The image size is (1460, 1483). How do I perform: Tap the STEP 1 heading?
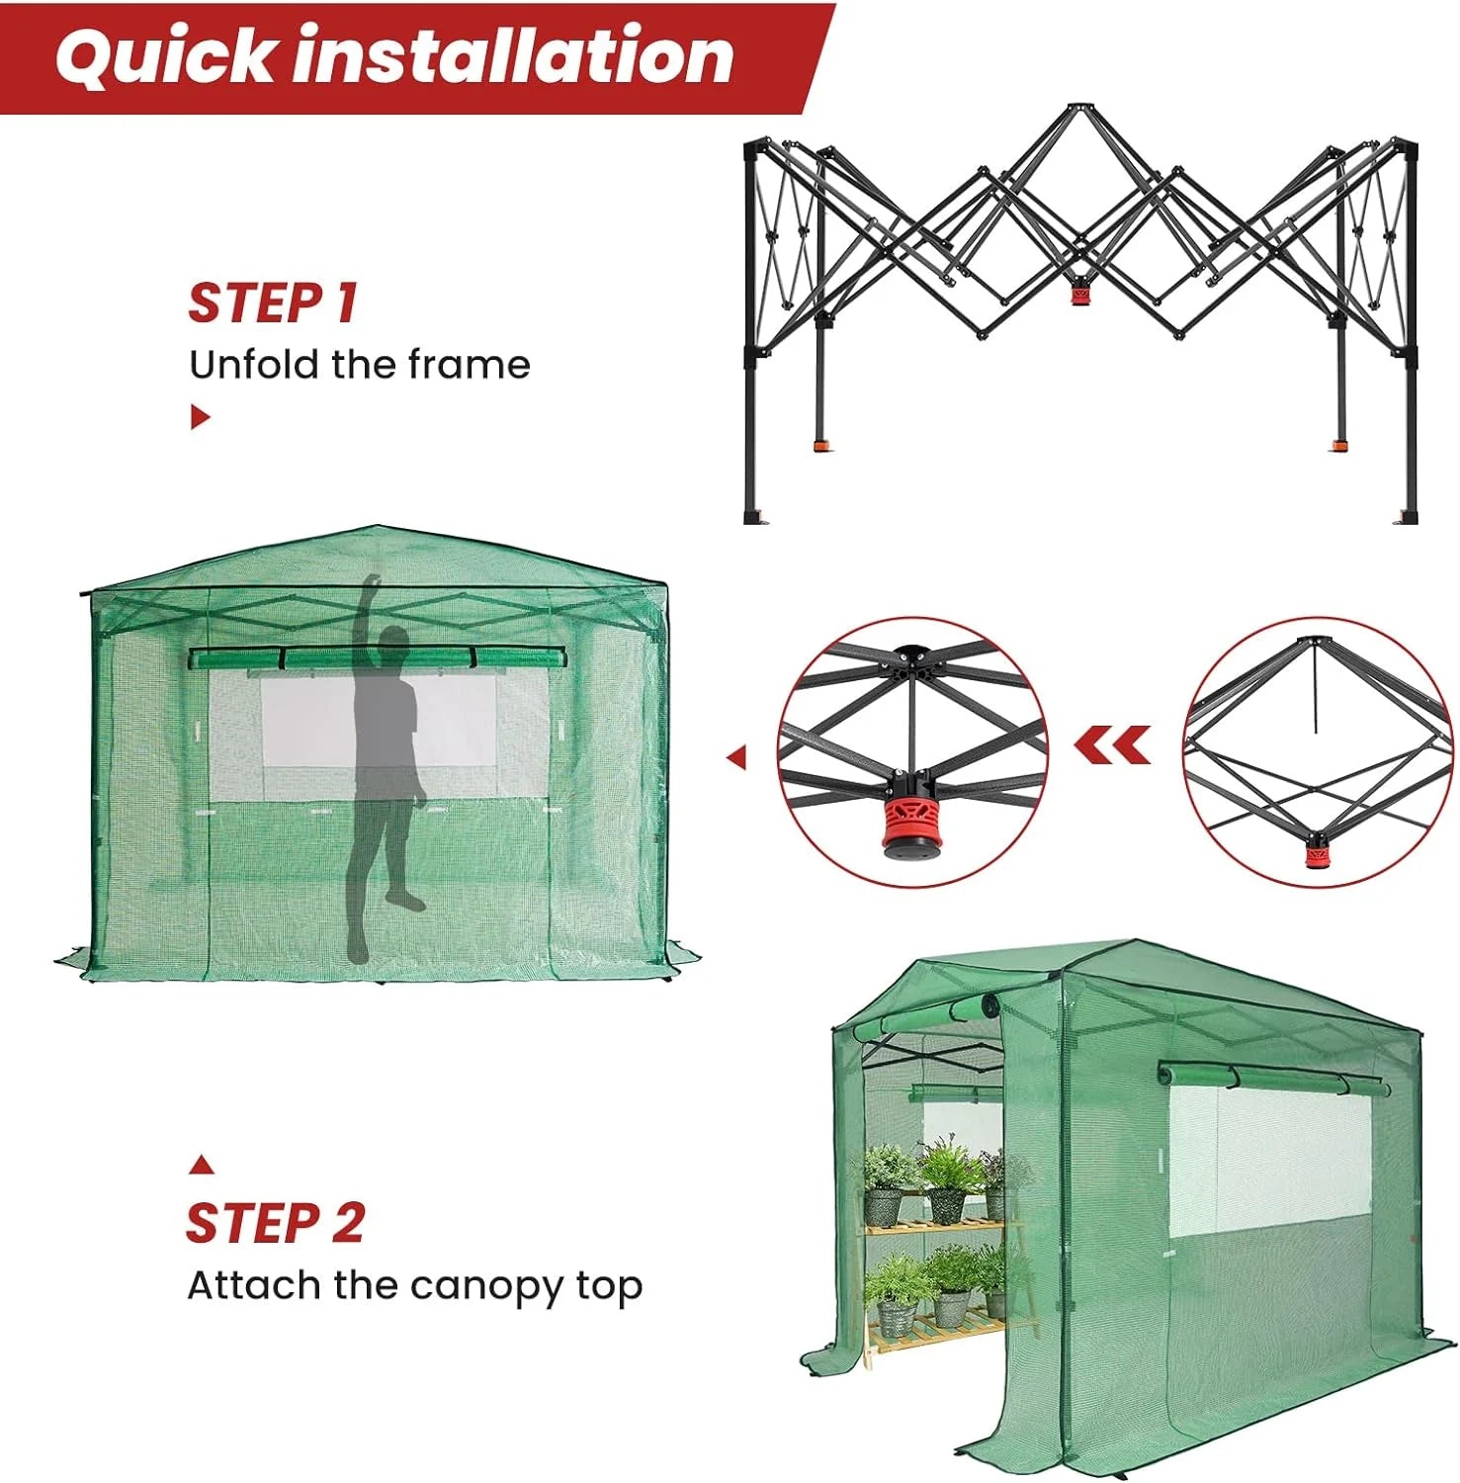pyautogui.click(x=272, y=303)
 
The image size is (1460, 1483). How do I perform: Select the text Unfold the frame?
pyautogui.click(x=359, y=365)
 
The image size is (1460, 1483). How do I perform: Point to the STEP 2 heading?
pyautogui.click(x=275, y=1223)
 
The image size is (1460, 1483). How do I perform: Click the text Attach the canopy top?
pyautogui.click(x=414, y=1285)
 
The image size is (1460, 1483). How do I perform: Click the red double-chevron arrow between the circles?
pyautogui.click(x=1113, y=744)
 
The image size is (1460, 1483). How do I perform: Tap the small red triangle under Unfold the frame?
pyautogui.click(x=200, y=417)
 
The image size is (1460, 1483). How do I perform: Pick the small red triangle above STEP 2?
pyautogui.click(x=202, y=1165)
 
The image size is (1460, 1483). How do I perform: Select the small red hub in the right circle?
pyautogui.click(x=1316, y=854)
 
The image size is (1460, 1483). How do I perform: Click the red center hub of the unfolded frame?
pyautogui.click(x=1079, y=295)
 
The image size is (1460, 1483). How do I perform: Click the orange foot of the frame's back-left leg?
pyautogui.click(x=821, y=445)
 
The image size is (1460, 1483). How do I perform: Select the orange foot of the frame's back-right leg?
pyautogui.click(x=1339, y=445)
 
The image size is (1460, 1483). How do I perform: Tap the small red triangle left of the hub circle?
pyautogui.click(x=735, y=757)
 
